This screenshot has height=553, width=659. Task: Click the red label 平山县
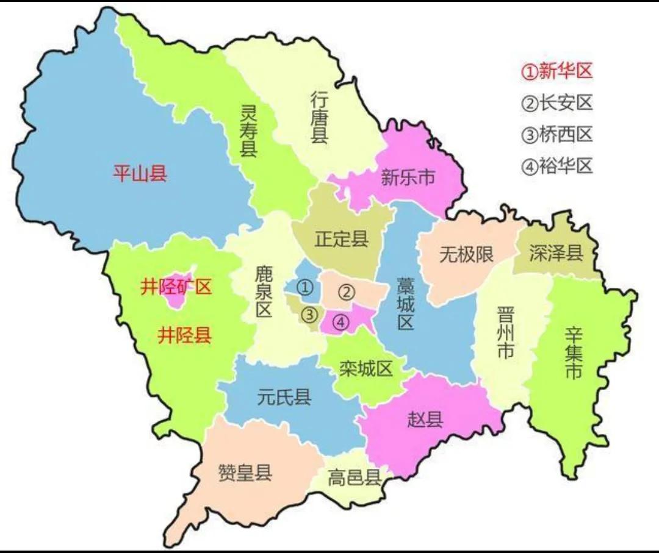(x=140, y=174)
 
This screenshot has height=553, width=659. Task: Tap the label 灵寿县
(x=248, y=129)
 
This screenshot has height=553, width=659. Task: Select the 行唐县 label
(x=320, y=117)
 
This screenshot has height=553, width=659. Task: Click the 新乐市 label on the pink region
(x=408, y=177)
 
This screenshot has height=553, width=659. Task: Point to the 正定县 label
(x=342, y=238)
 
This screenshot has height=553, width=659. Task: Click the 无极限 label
(x=466, y=254)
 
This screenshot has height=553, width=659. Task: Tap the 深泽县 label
(x=556, y=253)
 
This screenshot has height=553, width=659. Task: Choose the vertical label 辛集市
(x=573, y=353)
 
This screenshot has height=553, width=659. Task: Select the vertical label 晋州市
(x=506, y=333)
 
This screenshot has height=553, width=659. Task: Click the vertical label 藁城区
(x=405, y=304)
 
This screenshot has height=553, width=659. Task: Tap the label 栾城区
(x=366, y=368)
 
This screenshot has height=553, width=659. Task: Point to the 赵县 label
(x=425, y=419)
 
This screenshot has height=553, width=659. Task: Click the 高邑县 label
(x=355, y=477)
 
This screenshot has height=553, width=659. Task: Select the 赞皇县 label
(x=245, y=473)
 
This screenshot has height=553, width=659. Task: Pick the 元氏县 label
(x=284, y=398)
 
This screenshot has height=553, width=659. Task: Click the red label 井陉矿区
(x=176, y=287)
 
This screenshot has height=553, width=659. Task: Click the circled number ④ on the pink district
(x=341, y=321)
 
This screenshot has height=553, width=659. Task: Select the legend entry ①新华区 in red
(x=556, y=71)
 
